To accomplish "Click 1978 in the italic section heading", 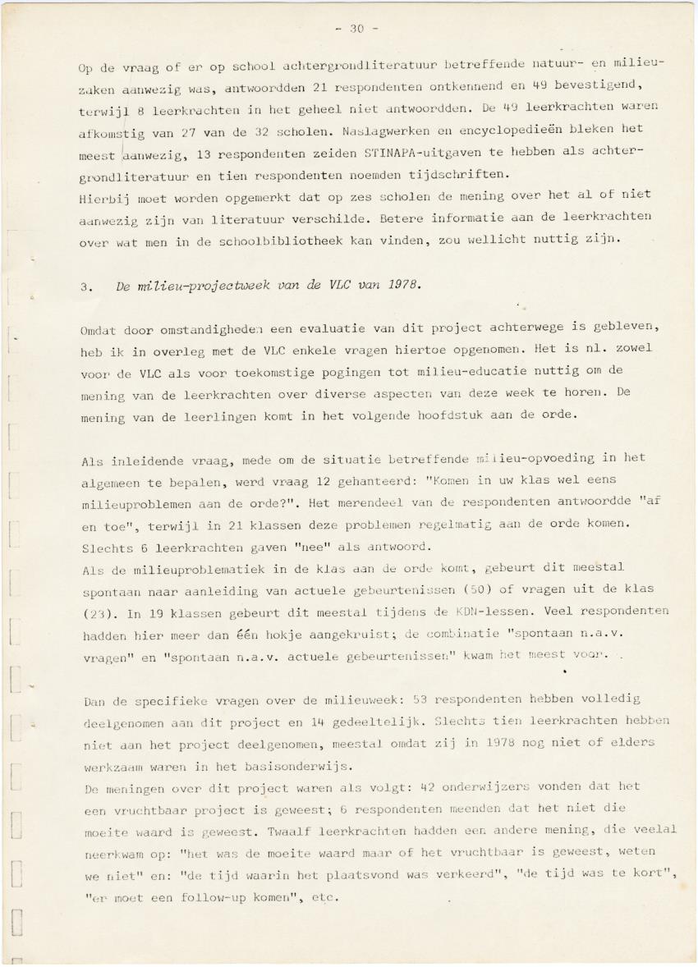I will click(x=402, y=286).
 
